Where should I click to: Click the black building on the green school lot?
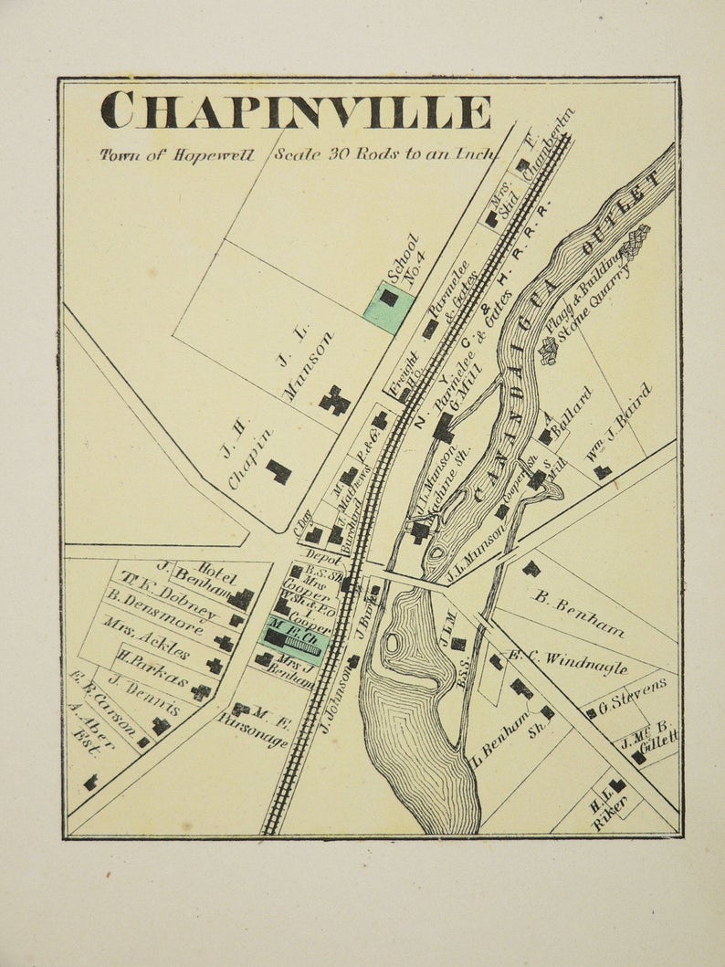click(x=389, y=298)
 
